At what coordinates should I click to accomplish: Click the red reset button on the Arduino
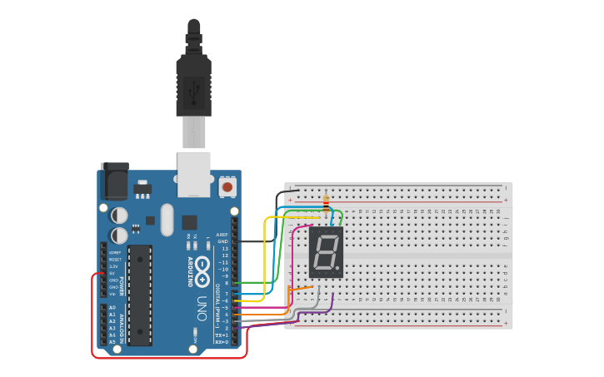point(227,188)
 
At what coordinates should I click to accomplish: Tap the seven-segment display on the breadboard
point(326,252)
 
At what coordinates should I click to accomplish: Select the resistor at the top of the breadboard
point(325,202)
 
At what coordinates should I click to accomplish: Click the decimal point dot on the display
point(339,270)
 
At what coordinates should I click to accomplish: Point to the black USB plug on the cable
point(193,87)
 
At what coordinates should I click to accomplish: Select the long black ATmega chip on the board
point(139,295)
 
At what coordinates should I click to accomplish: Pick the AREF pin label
point(222,235)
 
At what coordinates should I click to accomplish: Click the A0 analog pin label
point(112,308)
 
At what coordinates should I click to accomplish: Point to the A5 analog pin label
point(112,342)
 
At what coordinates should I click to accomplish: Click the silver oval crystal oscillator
point(167,220)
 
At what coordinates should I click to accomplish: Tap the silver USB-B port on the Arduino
point(194,173)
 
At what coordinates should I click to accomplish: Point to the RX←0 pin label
point(222,342)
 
